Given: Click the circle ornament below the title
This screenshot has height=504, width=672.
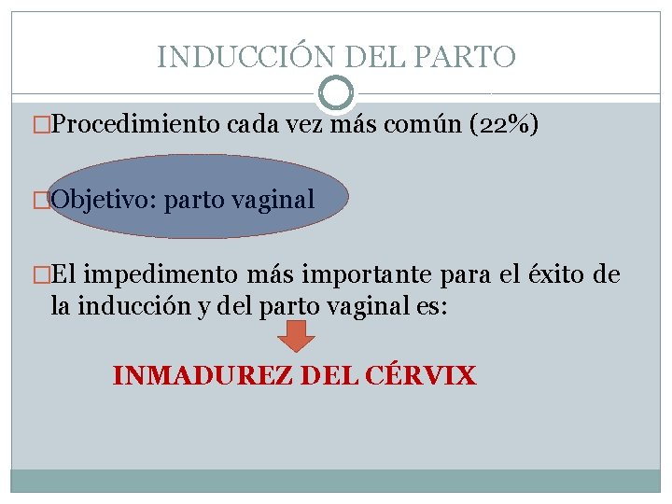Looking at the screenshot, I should (x=336, y=93).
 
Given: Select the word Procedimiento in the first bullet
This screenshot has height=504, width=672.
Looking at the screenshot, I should (x=136, y=125).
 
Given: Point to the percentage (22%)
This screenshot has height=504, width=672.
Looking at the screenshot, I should (x=504, y=125).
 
